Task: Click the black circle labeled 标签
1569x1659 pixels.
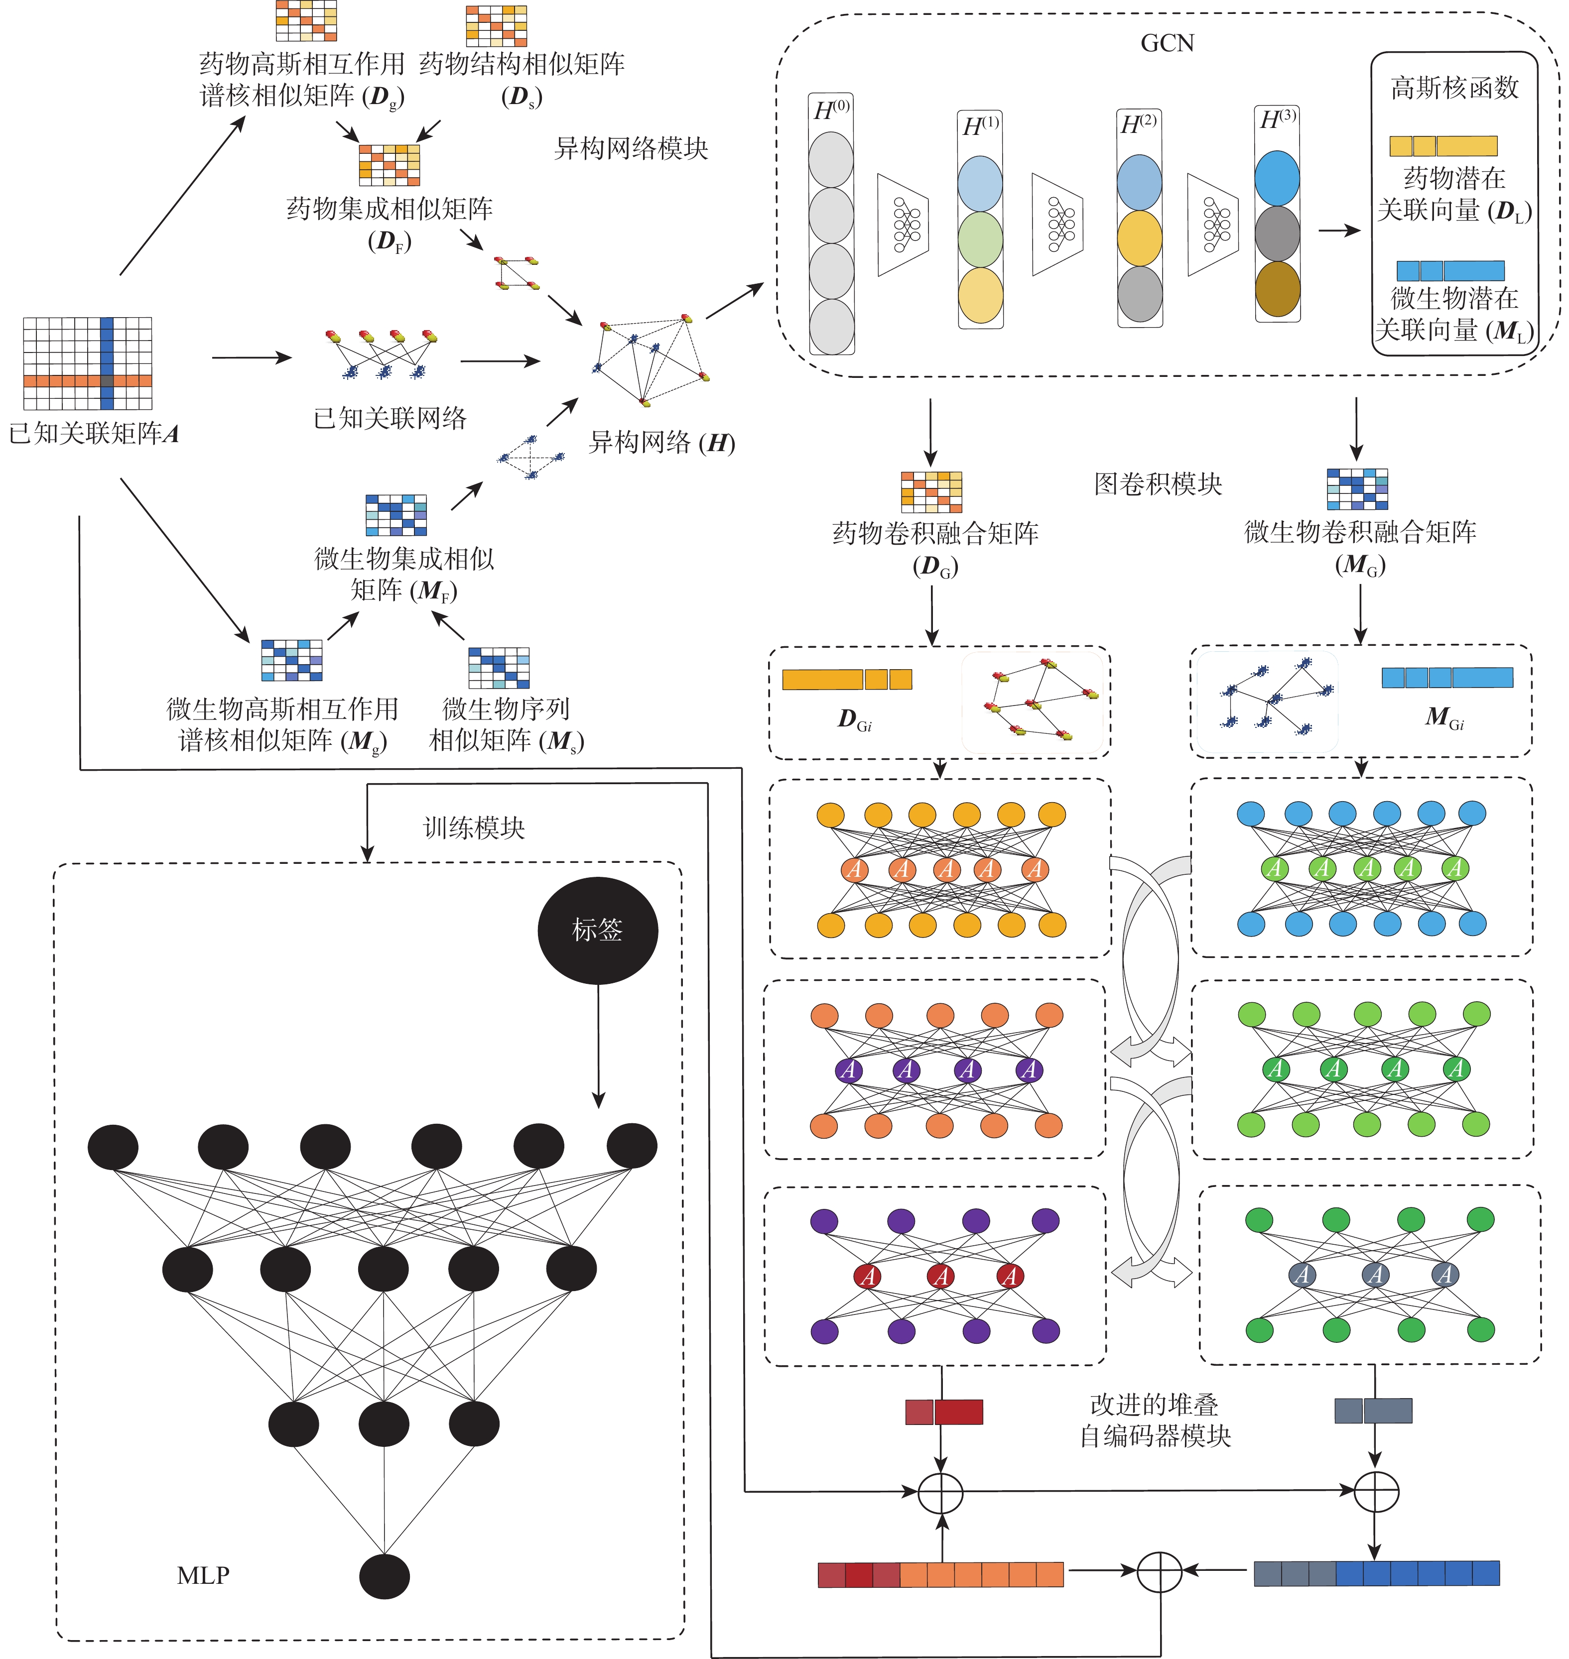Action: [597, 930]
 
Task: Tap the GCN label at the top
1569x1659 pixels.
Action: [1168, 43]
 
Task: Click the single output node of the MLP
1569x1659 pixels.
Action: [385, 1576]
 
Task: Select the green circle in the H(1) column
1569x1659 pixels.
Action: [980, 239]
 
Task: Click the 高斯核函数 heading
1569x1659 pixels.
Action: [1454, 88]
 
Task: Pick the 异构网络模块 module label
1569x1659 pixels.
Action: [632, 149]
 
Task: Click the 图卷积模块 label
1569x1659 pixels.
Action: [1159, 484]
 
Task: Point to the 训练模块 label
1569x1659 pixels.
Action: [474, 828]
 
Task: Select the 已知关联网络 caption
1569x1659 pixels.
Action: [390, 418]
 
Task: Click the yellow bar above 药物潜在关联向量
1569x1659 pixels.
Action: [1443, 146]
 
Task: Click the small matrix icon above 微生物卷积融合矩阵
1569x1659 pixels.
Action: [1357, 489]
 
